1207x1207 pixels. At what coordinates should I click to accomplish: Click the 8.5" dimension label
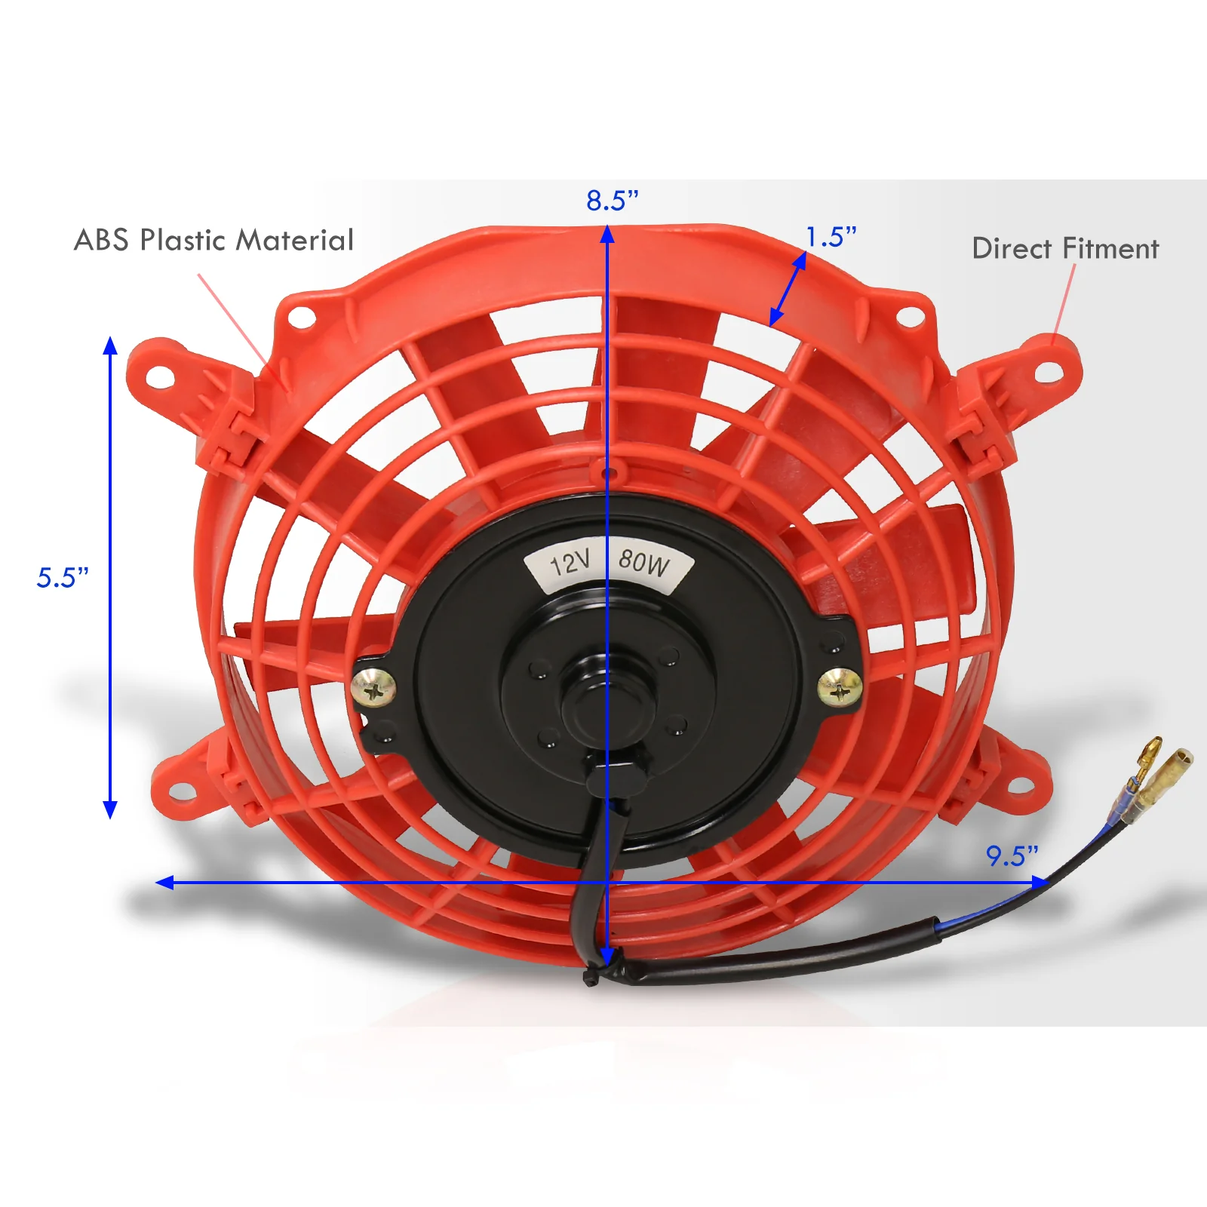[x=612, y=201]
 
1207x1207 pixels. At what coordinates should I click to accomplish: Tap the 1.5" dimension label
[x=831, y=237]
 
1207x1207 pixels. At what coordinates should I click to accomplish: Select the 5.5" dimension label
[x=63, y=578]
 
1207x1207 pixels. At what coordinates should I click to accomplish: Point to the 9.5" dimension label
[x=1012, y=856]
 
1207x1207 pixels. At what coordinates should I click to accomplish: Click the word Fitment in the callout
[x=1110, y=248]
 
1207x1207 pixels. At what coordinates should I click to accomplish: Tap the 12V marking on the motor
[x=570, y=563]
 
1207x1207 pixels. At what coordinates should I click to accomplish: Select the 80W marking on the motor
[x=643, y=562]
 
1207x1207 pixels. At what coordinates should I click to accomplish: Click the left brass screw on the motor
[x=373, y=689]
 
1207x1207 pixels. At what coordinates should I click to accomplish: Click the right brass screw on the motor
[x=840, y=687]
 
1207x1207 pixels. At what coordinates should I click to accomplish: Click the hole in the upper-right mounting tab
[x=1048, y=372]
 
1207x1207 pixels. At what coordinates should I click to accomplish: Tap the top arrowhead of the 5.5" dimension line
[x=110, y=346]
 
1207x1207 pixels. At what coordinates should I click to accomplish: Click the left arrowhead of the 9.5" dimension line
[x=165, y=882]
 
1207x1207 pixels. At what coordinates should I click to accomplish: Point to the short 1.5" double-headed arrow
[x=788, y=288]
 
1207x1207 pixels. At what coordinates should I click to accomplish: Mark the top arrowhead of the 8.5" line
[x=607, y=235]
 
